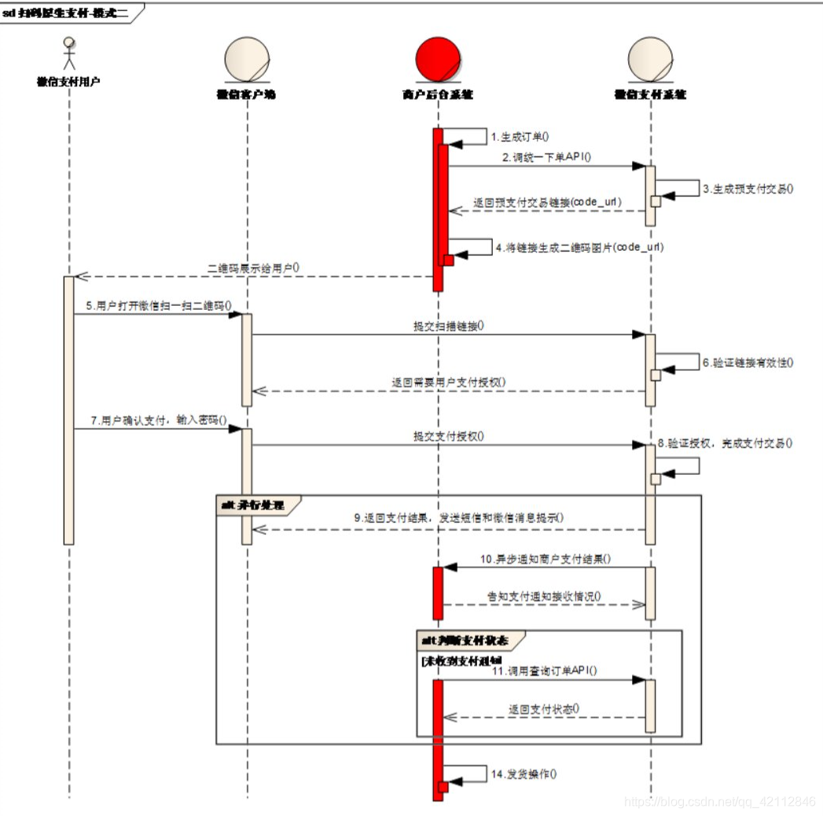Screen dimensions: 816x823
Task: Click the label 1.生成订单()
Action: click(x=520, y=137)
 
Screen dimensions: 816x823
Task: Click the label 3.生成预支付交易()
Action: click(x=748, y=189)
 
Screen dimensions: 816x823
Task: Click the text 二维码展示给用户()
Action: click(x=253, y=267)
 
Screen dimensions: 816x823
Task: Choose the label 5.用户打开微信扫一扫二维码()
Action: click(x=159, y=305)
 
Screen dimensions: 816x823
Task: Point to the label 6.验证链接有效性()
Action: click(x=748, y=362)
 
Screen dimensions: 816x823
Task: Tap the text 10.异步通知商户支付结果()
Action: click(x=546, y=559)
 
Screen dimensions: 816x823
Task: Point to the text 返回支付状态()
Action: click(x=544, y=708)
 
